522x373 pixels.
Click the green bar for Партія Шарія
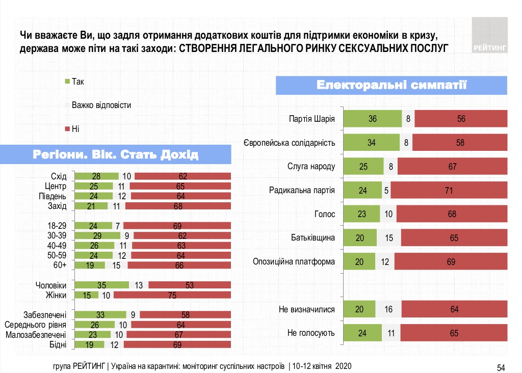pos(372,119)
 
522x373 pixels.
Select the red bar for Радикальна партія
pos(449,191)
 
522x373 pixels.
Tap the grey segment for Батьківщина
pos(389,238)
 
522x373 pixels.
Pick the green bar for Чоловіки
pos(101,285)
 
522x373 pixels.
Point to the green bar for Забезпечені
pos(100,315)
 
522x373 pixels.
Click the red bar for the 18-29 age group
pos(177,225)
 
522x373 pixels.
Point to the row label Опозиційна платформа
pos(294,262)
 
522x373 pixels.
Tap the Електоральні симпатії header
pos(392,85)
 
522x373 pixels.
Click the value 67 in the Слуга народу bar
pos(452,167)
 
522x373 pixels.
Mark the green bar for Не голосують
pos(362,333)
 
